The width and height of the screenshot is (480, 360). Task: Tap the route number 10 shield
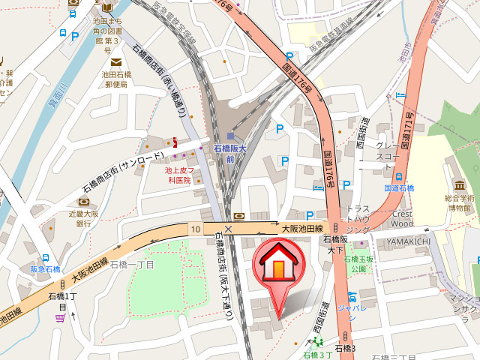(195, 228)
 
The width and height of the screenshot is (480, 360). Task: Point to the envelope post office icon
(115, 61)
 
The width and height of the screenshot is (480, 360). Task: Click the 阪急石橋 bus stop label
(45, 268)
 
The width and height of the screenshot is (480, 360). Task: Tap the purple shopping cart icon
(60, 318)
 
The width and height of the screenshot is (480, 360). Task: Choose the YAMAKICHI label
(409, 240)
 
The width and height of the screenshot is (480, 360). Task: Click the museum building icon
(458, 184)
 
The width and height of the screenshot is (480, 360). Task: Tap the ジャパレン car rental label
(350, 307)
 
